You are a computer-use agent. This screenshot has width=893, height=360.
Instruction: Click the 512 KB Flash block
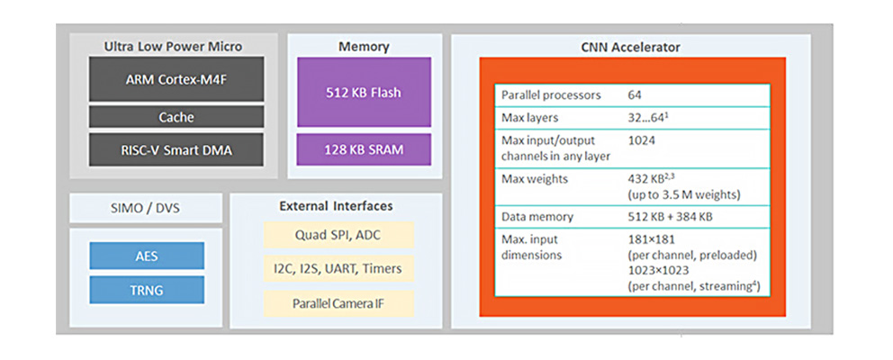(x=364, y=92)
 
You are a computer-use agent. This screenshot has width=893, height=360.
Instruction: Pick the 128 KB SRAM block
(x=364, y=149)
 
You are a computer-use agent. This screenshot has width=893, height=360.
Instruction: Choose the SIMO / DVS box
(x=146, y=208)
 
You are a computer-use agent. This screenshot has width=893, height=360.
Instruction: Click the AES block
(x=146, y=256)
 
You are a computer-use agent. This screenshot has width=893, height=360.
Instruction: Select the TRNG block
(x=146, y=289)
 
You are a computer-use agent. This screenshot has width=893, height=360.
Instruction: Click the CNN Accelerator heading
(x=631, y=47)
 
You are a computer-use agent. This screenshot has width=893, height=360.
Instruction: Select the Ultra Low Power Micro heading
(x=173, y=46)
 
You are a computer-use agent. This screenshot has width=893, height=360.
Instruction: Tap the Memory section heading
(x=364, y=46)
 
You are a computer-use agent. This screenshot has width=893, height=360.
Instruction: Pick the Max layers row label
(x=529, y=118)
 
